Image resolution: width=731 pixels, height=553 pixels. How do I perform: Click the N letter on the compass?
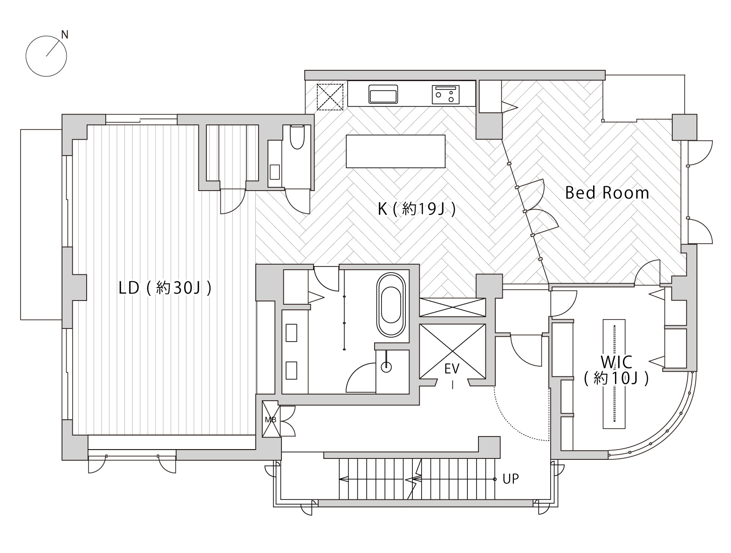(x=65, y=34)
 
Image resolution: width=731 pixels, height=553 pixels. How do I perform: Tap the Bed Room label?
(x=607, y=193)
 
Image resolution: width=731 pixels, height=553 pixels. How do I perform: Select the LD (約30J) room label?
(x=165, y=288)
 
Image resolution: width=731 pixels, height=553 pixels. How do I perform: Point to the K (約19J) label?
(x=417, y=209)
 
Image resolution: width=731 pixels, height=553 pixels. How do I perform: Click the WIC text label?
(x=616, y=362)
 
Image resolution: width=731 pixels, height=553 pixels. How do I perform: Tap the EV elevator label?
(x=452, y=369)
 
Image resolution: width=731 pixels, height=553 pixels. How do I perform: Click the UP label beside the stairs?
(x=511, y=479)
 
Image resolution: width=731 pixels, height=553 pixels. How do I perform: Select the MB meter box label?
(x=270, y=420)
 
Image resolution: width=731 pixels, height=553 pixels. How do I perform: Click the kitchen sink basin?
(x=383, y=94)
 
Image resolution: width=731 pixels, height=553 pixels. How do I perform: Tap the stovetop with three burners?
(x=445, y=95)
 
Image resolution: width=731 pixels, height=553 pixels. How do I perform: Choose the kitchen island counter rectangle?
(x=396, y=151)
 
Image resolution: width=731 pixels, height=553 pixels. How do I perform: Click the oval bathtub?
(x=391, y=305)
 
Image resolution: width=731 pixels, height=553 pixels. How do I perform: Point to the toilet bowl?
(x=297, y=137)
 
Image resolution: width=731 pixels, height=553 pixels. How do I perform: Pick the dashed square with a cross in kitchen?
(x=330, y=97)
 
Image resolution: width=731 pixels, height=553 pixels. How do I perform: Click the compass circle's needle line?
(x=54, y=49)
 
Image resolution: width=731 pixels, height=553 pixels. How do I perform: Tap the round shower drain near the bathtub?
(x=386, y=367)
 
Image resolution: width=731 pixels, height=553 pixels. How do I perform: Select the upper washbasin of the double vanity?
(x=291, y=333)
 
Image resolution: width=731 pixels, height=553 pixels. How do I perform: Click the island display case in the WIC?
(x=614, y=374)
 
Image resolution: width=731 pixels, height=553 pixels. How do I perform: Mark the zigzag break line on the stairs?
(x=416, y=479)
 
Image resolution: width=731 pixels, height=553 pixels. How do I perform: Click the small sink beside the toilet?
(x=275, y=172)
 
